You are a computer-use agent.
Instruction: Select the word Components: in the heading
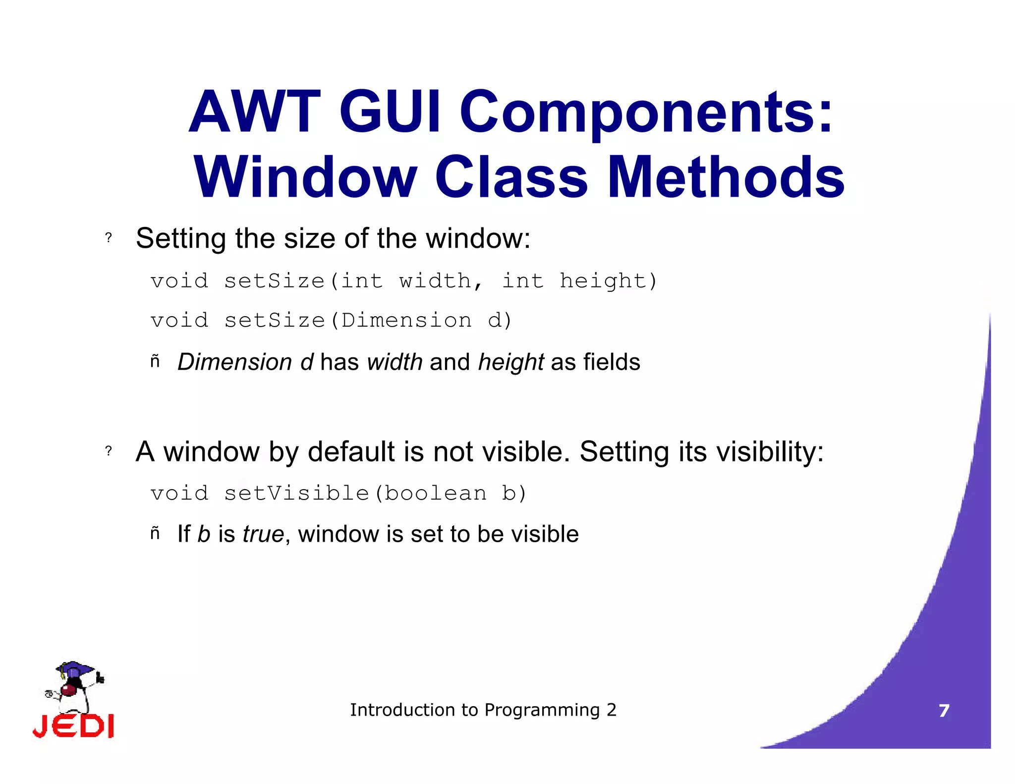646,113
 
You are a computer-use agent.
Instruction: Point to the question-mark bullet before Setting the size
109,238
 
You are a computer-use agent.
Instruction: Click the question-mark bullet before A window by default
109,451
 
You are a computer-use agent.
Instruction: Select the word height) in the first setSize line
608,281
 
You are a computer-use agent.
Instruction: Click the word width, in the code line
440,281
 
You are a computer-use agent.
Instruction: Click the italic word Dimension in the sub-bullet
234,362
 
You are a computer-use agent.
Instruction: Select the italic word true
263,534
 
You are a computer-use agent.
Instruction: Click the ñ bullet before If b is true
155,534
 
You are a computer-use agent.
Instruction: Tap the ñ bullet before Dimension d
155,362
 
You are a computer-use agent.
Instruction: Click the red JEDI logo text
73,727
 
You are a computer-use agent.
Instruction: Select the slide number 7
944,711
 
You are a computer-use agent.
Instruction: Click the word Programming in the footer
542,710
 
